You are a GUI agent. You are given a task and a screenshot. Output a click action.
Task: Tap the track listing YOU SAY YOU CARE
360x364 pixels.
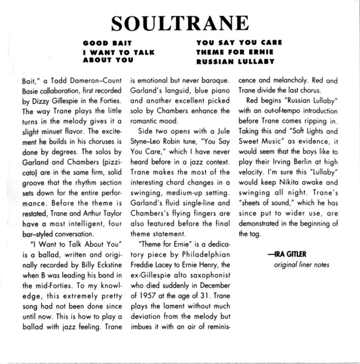coord(239,43)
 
